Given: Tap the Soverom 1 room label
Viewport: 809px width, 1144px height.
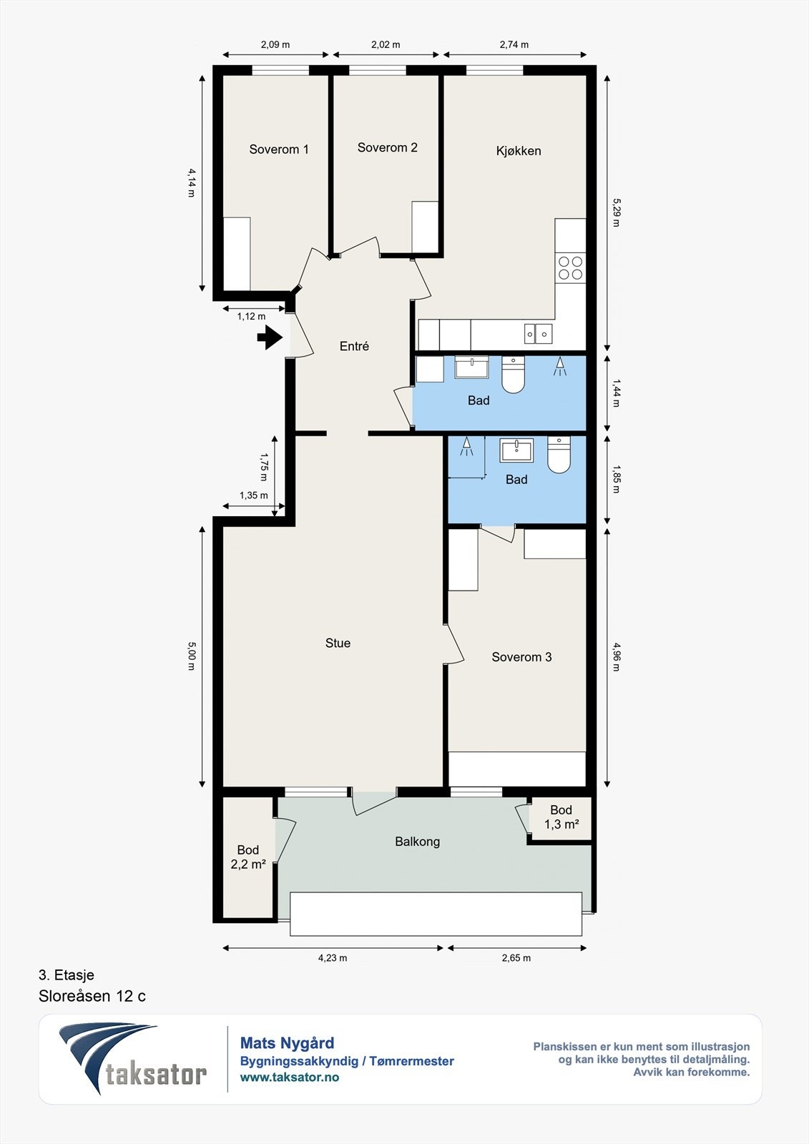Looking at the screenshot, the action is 278,149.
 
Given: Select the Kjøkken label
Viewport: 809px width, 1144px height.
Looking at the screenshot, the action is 518,151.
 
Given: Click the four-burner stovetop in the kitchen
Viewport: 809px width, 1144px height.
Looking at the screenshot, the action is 570,268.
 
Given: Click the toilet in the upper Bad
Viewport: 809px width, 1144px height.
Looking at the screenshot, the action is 513,375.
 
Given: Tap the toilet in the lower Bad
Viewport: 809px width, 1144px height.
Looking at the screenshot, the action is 559,454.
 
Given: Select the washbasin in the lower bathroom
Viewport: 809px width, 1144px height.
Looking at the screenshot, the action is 516,450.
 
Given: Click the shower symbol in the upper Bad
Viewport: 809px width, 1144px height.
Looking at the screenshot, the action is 560,367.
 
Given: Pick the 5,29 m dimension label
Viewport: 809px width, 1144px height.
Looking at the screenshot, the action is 616,212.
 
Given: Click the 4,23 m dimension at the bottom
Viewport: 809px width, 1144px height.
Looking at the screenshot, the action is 333,957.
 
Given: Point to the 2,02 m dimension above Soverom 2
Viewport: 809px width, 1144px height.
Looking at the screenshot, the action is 386,44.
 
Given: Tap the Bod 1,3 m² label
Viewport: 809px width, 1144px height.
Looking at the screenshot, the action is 561,817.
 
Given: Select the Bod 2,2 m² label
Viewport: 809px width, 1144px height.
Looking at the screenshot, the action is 248,857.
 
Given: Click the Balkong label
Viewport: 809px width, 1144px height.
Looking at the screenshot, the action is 417,842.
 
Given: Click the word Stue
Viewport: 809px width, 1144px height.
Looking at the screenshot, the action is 338,643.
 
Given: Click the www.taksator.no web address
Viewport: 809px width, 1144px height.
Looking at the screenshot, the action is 289,1077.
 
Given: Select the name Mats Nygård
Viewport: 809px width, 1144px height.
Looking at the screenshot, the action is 287,1043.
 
